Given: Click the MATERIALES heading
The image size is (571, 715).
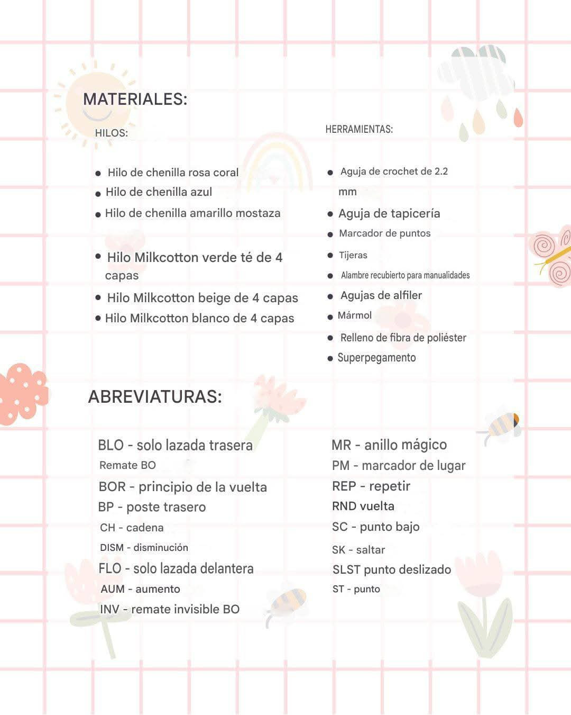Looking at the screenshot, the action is tap(135, 99).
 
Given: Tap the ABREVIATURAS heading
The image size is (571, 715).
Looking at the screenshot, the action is tap(155, 396).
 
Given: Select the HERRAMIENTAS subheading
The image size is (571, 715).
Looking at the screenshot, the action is tap(359, 129).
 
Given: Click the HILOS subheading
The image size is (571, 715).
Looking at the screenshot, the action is tap(111, 133).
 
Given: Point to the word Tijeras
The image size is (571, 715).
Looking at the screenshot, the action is tap(353, 255).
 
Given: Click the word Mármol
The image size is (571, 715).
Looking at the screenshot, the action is tap(355, 315).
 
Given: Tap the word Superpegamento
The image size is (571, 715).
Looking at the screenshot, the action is tap(376, 358).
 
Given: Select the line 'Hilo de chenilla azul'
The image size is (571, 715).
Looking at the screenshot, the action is tap(159, 192).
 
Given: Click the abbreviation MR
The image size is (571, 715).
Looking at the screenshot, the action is tap(341, 445).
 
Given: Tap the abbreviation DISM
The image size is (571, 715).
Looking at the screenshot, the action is tap(112, 548).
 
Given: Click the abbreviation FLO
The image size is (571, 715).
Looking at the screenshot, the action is tap(110, 568).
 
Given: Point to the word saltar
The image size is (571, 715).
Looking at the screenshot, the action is tap(370, 550).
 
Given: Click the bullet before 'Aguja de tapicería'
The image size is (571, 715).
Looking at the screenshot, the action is tap(330, 214).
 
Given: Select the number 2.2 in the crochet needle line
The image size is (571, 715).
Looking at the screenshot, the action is tap(441, 171).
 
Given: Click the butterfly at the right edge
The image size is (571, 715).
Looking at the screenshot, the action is tap(551, 257).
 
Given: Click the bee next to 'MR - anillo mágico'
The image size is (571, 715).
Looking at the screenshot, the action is tap(501, 424).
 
